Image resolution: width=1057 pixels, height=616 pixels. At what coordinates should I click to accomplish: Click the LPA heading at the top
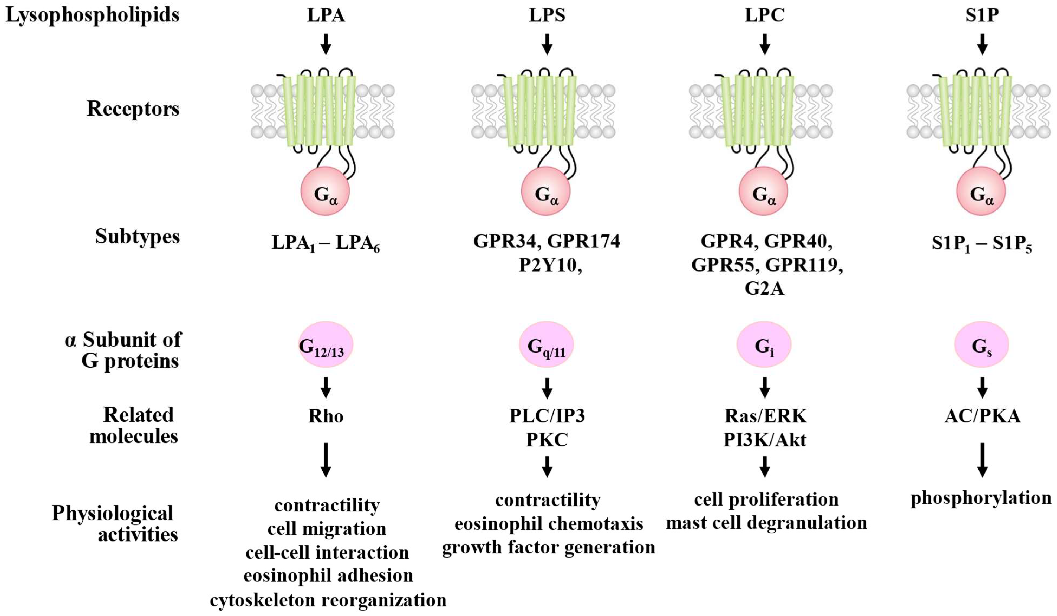point(326,15)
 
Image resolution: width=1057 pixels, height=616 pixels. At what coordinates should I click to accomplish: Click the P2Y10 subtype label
point(549,265)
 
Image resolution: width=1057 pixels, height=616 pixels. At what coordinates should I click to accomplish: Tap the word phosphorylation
point(981,498)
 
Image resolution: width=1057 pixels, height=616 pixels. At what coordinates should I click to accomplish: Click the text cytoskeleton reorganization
point(328,600)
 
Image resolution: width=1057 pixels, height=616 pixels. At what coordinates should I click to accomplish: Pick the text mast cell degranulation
point(766,523)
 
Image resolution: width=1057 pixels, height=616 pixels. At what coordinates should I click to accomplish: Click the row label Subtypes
point(137,236)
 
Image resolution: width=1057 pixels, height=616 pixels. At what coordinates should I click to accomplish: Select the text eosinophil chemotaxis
point(548,524)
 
